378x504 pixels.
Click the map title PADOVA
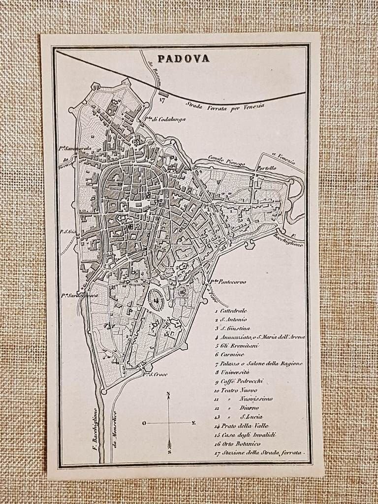[x=183, y=59]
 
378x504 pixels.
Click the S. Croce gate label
[x=156, y=375]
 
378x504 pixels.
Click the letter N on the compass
[x=168, y=393]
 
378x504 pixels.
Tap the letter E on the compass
[x=193, y=422]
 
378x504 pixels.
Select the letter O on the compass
[x=144, y=423]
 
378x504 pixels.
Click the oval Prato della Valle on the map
[x=157, y=297]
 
